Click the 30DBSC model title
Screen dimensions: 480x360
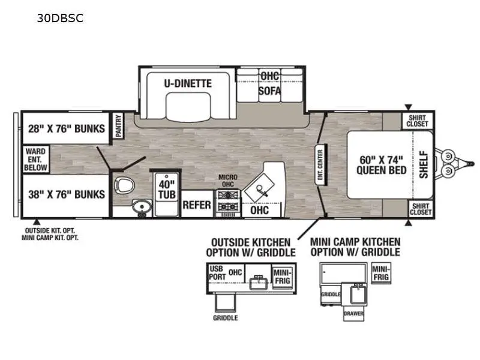point(60,19)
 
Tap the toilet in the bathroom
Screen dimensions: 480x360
point(124,185)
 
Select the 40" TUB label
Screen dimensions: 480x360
point(167,190)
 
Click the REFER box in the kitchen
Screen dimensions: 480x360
point(197,204)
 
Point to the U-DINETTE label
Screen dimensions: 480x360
point(188,83)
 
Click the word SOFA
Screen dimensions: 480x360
point(269,91)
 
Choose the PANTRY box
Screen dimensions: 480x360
point(118,125)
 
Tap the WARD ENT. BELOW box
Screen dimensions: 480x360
point(36,159)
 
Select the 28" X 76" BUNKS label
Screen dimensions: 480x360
point(67,128)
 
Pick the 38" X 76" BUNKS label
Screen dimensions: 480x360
point(67,194)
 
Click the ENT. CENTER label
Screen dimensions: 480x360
point(320,164)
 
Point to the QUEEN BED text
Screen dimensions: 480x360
point(382,170)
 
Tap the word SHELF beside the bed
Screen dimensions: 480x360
point(424,164)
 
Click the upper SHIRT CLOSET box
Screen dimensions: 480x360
point(417,121)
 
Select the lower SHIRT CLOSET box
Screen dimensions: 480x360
point(421,209)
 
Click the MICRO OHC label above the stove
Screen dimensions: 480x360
point(228,181)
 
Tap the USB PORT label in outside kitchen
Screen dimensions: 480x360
point(217,273)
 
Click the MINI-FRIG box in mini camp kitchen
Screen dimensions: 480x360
point(381,273)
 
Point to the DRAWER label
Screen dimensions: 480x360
point(353,313)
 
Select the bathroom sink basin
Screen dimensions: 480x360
point(142,207)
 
